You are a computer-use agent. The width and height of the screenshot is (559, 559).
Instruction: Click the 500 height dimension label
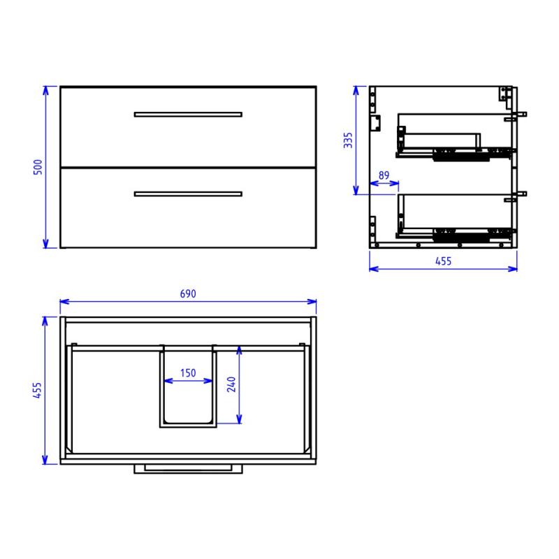click(38, 167)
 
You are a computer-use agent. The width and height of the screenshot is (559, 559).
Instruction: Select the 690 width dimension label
click(188, 293)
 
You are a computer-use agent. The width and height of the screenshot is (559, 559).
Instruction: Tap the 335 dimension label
click(348, 140)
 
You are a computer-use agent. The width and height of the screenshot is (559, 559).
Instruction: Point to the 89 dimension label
click(384, 175)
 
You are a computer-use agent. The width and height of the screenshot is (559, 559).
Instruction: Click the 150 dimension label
click(188, 373)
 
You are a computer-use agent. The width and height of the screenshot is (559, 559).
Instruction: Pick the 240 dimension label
click(231, 384)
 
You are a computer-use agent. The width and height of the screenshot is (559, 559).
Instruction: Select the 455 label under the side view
click(443, 261)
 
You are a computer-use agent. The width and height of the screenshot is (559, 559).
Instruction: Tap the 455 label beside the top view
click(37, 390)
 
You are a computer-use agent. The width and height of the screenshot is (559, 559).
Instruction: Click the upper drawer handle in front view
click(188, 115)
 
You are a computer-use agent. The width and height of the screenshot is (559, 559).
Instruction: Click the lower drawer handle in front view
click(188, 194)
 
